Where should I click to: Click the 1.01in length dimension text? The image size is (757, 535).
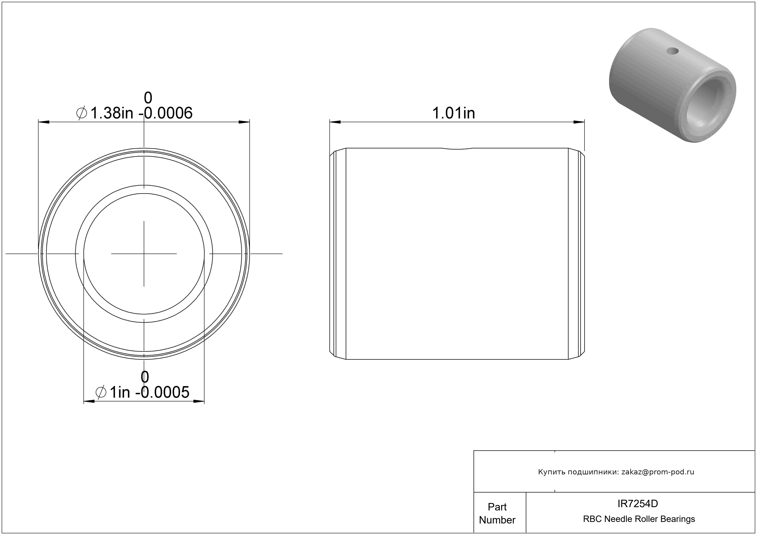453,113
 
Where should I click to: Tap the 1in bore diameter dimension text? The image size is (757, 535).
120,393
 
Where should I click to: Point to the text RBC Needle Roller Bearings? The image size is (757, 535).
639,519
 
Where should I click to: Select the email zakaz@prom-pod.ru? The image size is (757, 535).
657,472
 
